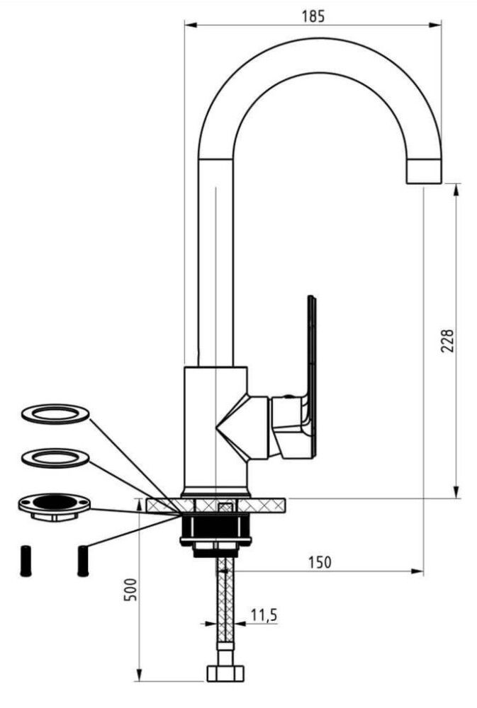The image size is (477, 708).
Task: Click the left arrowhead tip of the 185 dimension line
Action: coord(185,25)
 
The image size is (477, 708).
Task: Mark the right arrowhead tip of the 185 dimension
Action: coord(442,25)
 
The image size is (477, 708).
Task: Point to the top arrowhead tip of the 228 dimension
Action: coord(456,184)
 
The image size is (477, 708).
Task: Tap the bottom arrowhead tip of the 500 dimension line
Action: coord(139,681)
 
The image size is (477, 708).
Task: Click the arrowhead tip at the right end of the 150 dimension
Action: coord(423,571)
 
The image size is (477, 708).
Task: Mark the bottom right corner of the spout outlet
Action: coord(441,183)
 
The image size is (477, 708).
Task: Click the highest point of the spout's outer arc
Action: coord(319,38)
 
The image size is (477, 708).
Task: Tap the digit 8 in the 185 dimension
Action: coord(313,16)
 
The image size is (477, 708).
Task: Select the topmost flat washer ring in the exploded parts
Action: coord(55,413)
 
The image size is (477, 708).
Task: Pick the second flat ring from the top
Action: coord(55,458)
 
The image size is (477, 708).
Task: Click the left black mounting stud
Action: coord(26,561)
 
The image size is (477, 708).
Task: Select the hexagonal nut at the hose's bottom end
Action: coord(225,673)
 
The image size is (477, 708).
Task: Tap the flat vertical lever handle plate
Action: coord(312,377)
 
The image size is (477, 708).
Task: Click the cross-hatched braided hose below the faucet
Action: coord(225,600)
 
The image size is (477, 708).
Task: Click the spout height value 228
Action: coord(447,341)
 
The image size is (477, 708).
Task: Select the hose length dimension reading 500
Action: coord(130,589)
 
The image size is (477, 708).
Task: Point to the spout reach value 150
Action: coord(320,563)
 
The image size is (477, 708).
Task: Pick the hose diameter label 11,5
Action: coord(264,615)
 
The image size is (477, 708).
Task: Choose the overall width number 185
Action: coord(313,16)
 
